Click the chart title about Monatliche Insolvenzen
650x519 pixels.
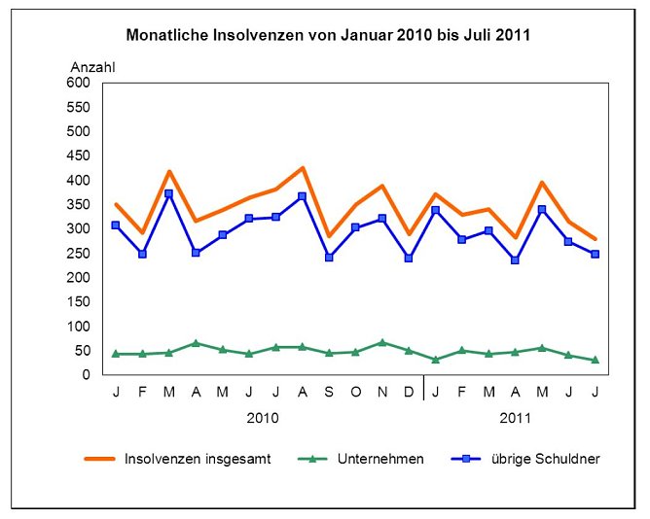[328, 35]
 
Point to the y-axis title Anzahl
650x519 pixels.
[92, 66]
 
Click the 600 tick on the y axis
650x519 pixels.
[77, 83]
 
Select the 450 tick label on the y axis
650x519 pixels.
[77, 156]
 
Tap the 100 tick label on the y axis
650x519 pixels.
[77, 327]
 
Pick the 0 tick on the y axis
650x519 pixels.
[86, 375]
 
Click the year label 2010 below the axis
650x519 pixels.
[263, 418]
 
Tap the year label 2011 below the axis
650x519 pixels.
[516, 418]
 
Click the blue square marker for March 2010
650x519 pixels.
[169, 193]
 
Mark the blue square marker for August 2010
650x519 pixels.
[303, 196]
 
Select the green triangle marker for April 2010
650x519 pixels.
[196, 343]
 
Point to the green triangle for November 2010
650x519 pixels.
[382, 342]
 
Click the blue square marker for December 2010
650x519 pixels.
[409, 259]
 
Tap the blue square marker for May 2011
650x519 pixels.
[542, 210]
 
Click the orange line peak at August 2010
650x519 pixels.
[303, 168]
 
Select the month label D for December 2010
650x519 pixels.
[409, 391]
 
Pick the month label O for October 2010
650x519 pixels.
[355, 391]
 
